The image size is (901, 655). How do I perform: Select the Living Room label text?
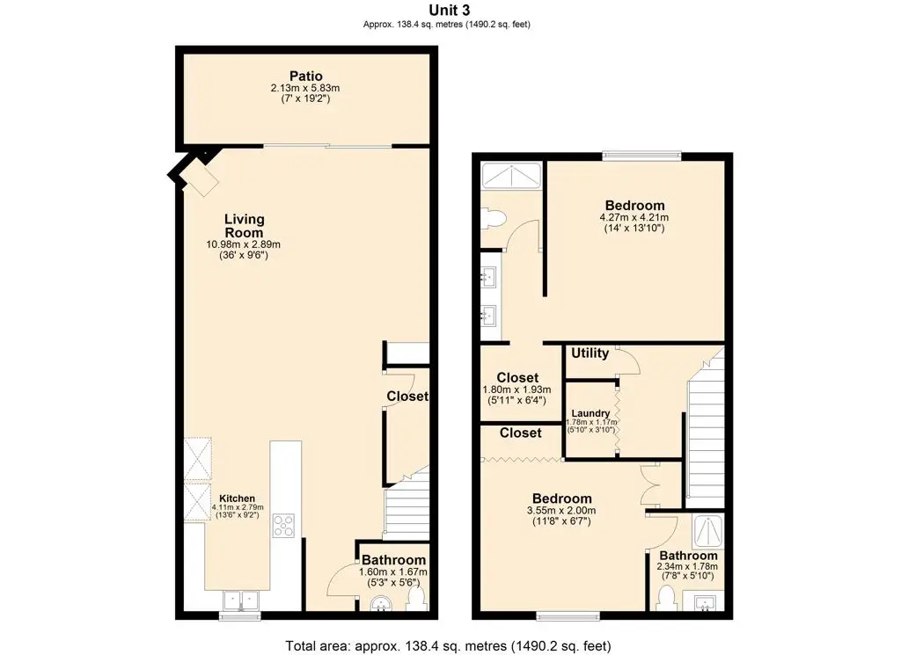(x=244, y=226)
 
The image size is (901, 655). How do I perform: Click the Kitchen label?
(x=237, y=499)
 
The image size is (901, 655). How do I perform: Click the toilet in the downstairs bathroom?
(x=416, y=600)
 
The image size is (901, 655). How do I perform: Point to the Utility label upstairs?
(x=590, y=353)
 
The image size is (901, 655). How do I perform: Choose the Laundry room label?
(x=590, y=413)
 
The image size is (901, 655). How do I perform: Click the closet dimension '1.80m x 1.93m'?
(x=516, y=389)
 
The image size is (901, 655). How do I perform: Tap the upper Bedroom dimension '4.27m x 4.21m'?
(x=634, y=218)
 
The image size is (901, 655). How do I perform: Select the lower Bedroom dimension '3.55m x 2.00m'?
(x=560, y=510)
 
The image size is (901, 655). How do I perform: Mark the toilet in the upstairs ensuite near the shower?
(x=493, y=217)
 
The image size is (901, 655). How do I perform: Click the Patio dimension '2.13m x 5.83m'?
(x=304, y=89)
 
